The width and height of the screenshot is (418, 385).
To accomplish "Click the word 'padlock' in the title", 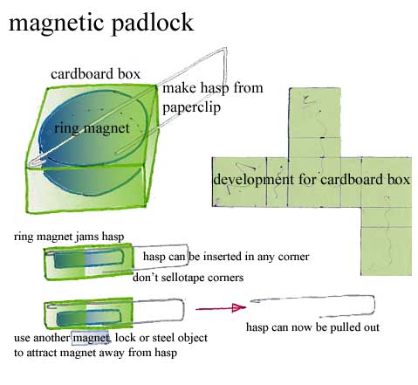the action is pos(152,24).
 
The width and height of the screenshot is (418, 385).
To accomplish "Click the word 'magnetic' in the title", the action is pos(57,24).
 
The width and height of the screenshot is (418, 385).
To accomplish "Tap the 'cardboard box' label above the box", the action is pos(95,74).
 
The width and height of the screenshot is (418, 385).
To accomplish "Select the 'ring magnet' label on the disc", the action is pos(92,128).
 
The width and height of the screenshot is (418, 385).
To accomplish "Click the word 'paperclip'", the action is pos(191,107).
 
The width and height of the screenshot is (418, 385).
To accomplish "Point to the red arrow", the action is pos(221,308).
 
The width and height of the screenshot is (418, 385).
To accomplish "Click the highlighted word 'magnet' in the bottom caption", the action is pos(91,338).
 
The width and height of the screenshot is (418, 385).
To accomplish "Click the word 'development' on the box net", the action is pos(254,179).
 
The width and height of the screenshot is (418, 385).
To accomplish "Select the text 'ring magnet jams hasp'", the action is pos(69,237).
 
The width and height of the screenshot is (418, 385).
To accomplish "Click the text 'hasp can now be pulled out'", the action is pos(312,327).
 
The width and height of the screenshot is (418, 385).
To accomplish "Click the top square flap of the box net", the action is pos(315,113).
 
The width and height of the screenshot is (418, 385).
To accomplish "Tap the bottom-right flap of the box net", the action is pos(386,251).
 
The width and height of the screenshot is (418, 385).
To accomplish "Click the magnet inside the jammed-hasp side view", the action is pos(89,258).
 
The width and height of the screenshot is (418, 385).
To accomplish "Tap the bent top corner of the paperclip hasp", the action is pos(225,49).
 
